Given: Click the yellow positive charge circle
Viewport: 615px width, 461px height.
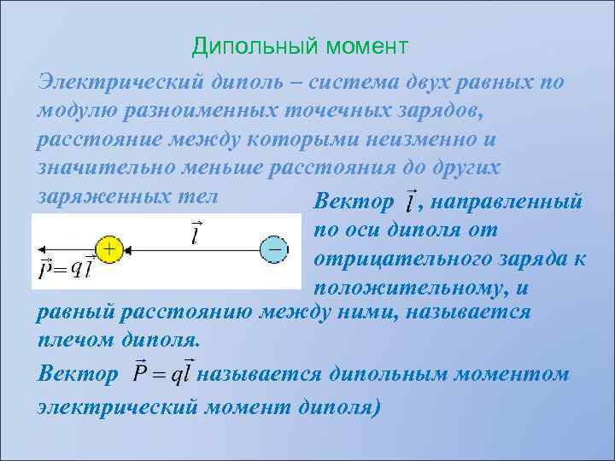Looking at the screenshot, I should click(x=108, y=249).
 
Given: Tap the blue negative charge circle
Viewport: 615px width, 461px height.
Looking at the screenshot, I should click(x=274, y=249).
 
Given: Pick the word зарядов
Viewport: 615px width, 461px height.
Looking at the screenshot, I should click(x=466, y=111).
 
